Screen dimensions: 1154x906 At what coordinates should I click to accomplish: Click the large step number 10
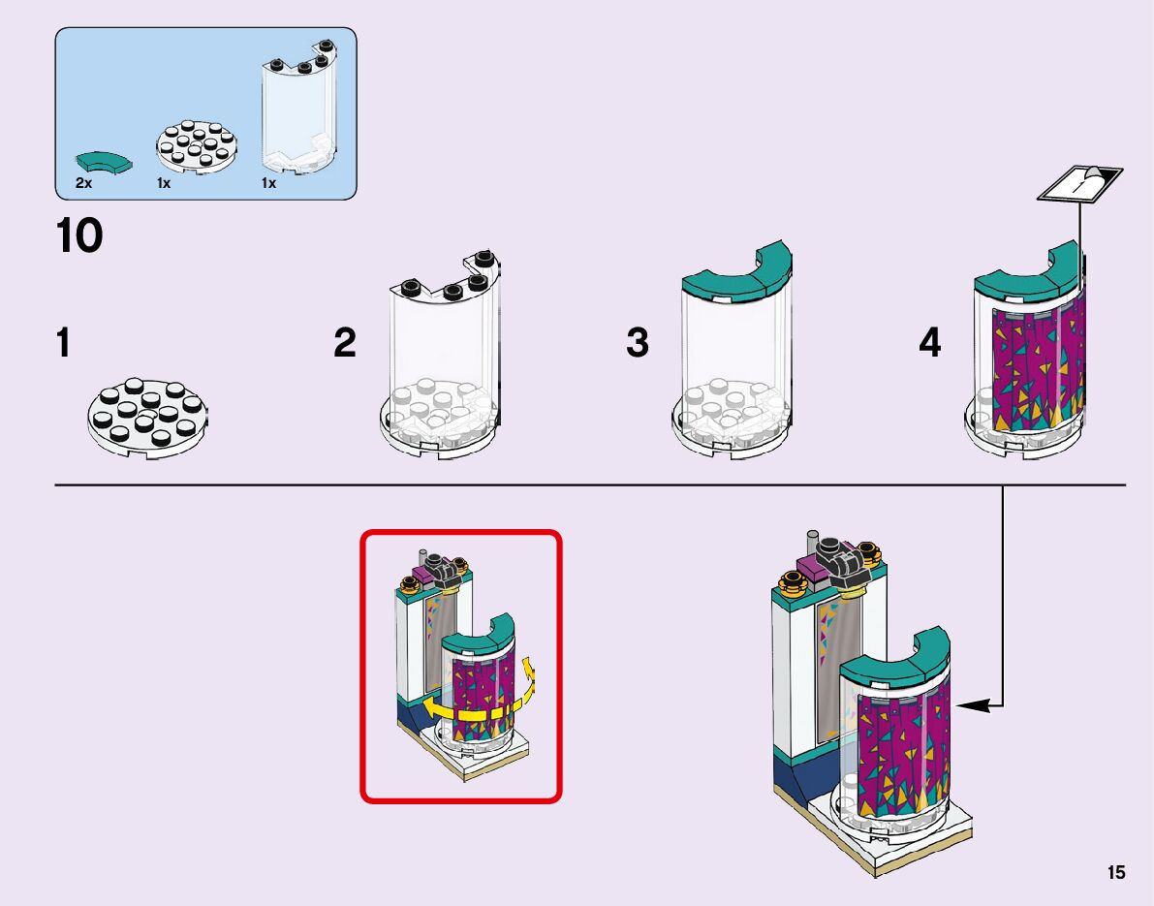tap(79, 235)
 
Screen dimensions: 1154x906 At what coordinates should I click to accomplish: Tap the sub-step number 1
tap(63, 343)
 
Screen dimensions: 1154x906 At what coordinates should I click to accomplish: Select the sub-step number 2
tap(344, 343)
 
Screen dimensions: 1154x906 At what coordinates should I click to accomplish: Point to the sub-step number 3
tap(638, 343)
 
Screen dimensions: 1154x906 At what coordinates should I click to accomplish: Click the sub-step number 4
tap(929, 343)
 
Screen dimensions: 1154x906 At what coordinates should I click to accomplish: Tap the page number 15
tap(1116, 872)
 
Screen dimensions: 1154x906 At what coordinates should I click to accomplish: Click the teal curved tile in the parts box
tap(104, 162)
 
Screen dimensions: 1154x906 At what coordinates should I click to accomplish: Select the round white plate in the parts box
tap(197, 145)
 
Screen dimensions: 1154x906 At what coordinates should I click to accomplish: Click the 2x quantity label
tap(84, 183)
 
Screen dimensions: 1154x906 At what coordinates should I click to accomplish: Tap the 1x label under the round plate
tap(164, 183)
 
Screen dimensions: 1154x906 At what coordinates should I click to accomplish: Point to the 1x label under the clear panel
tap(268, 183)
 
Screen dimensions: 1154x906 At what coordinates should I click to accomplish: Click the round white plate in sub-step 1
tap(147, 418)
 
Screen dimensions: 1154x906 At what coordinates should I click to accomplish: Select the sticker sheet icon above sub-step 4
tap(1079, 182)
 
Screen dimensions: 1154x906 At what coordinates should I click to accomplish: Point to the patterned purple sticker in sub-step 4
tap(1038, 368)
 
